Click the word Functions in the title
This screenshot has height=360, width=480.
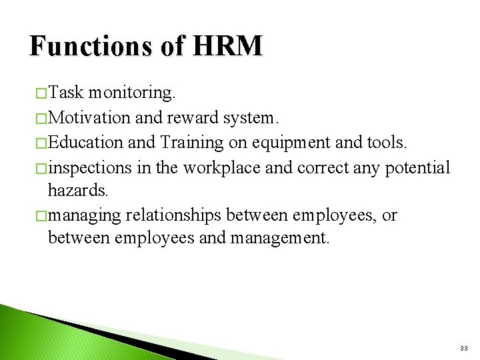(x=91, y=47)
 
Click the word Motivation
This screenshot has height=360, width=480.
(x=90, y=117)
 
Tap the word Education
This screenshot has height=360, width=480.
(x=85, y=142)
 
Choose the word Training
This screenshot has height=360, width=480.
(x=191, y=143)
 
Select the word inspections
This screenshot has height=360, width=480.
(x=90, y=167)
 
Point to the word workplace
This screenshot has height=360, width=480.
(x=222, y=167)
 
